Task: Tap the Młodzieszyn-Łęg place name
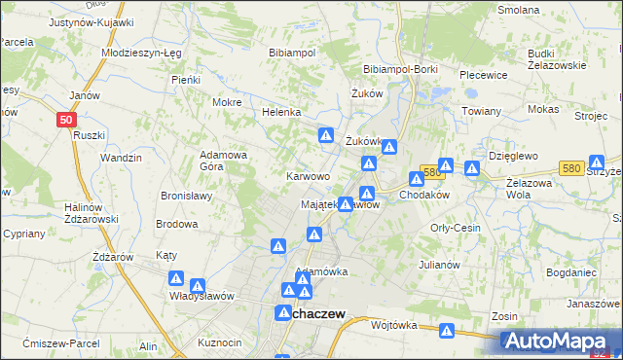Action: [x=141, y=54]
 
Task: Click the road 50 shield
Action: [x=65, y=119]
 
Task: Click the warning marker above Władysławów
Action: [x=198, y=285]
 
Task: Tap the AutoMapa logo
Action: [x=560, y=342]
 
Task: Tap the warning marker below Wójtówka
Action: [x=447, y=332]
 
